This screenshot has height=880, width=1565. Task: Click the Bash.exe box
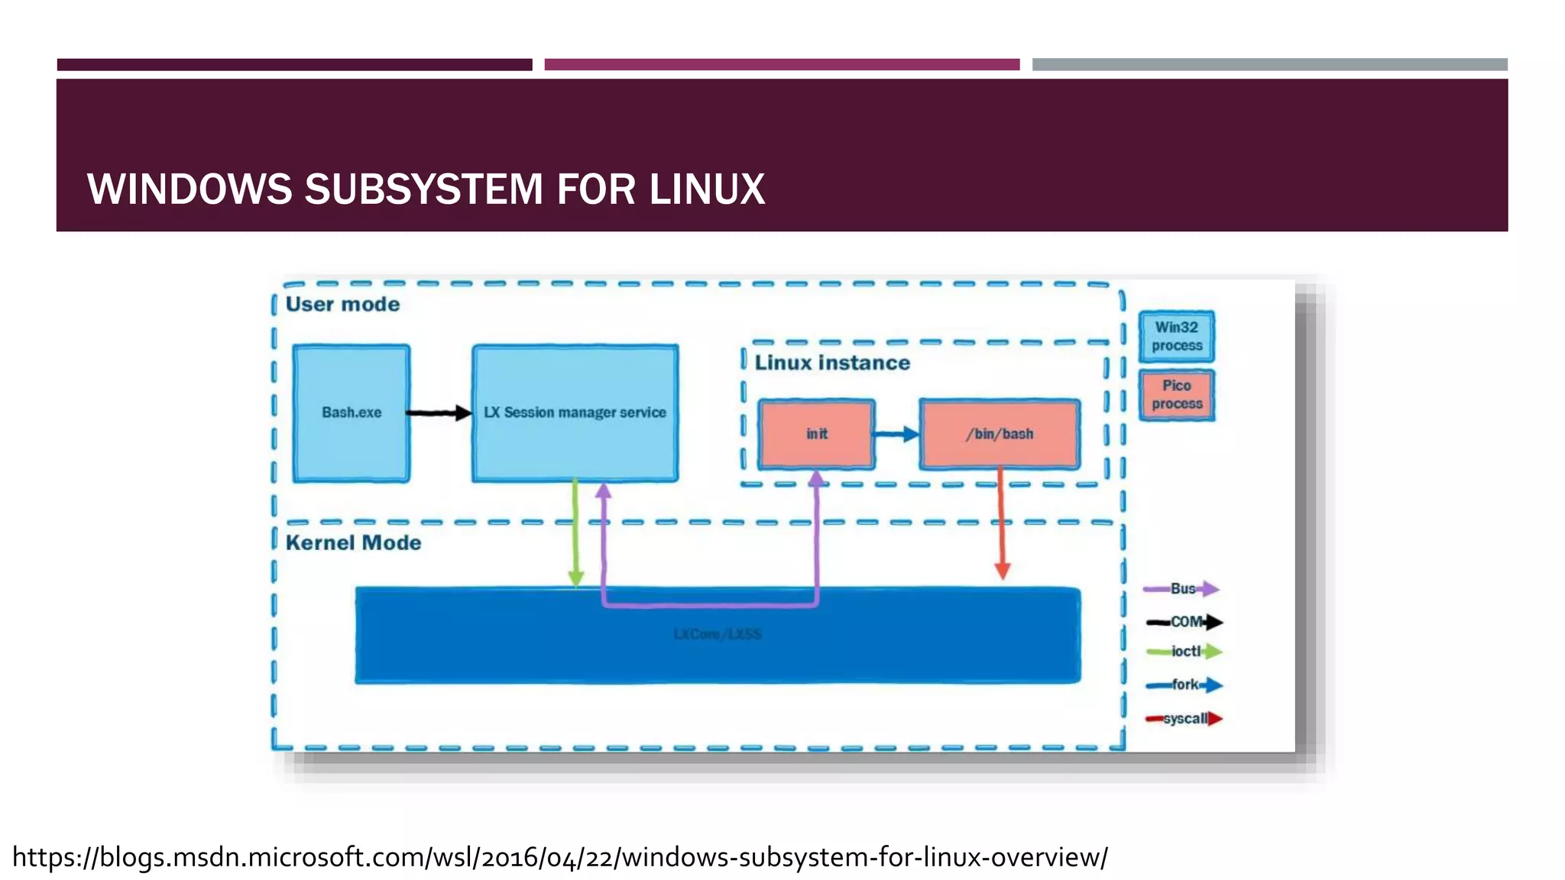(x=351, y=413)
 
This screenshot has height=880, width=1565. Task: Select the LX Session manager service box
(x=575, y=413)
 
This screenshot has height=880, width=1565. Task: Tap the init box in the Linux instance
(x=816, y=434)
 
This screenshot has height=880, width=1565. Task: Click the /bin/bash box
(x=1000, y=434)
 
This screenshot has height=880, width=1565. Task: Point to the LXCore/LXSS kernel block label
(x=718, y=634)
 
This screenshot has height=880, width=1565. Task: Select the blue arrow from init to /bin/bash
(x=896, y=434)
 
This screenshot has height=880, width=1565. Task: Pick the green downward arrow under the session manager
(x=576, y=535)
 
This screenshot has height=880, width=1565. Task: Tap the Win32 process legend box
(x=1177, y=336)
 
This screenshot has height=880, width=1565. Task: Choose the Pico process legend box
(x=1177, y=395)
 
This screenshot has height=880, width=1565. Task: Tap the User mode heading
(x=342, y=304)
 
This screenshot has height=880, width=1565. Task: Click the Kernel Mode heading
(x=353, y=542)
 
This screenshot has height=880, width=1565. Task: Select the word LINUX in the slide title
(x=707, y=189)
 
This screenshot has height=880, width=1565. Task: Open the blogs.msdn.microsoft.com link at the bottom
(x=559, y=857)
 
